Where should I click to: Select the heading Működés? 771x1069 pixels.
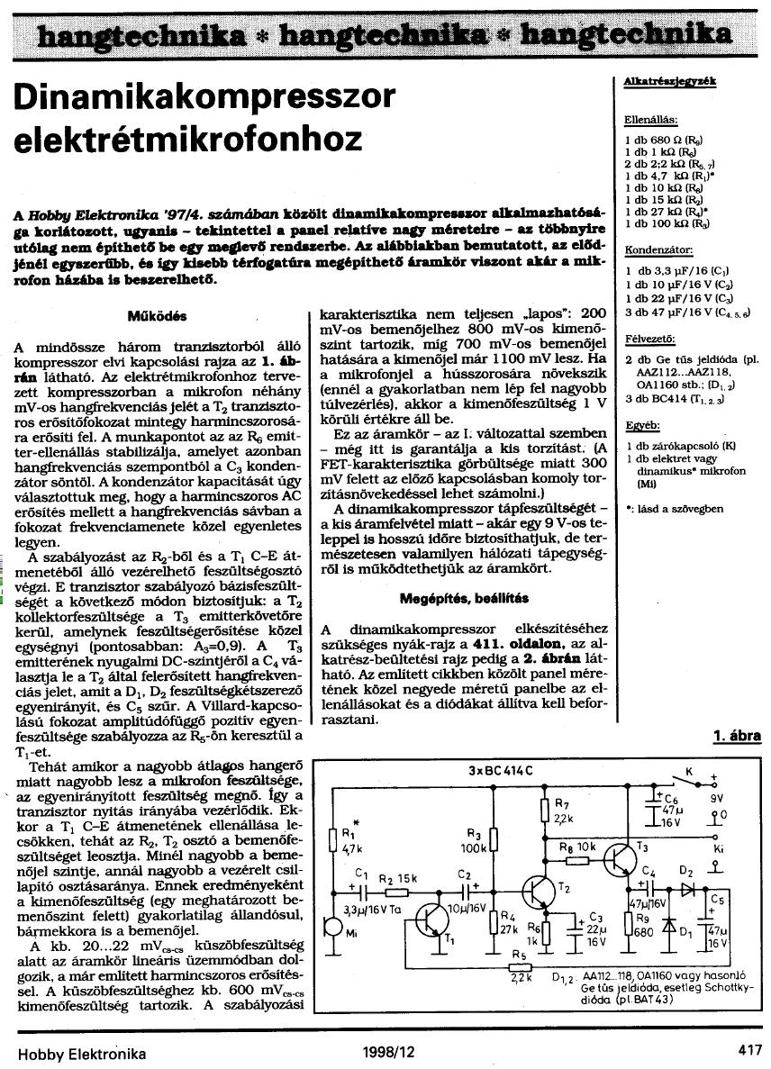[158, 316]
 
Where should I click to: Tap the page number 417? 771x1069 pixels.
[748, 1050]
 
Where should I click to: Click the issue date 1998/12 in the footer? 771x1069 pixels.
[389, 1051]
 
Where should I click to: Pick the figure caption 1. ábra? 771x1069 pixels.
[736, 736]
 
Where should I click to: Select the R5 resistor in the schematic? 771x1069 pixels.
[519, 969]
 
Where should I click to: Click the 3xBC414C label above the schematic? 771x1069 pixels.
[501, 770]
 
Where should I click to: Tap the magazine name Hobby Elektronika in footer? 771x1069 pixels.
[82, 1051]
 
